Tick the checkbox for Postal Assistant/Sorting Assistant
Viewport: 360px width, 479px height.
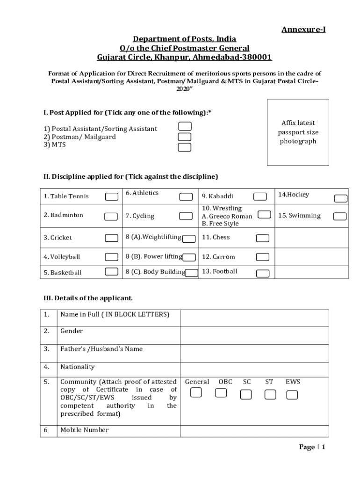pos(185,126)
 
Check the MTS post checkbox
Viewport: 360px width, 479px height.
pos(185,147)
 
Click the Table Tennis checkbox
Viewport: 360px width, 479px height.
pos(111,196)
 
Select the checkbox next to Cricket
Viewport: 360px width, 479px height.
pos(111,238)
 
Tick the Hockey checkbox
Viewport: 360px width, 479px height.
pos(340,198)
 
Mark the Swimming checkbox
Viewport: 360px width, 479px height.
pos(340,216)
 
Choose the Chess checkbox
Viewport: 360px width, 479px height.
pos(263,238)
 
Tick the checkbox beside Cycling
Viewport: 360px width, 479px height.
pos(186,216)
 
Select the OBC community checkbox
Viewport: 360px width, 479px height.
pos(221,392)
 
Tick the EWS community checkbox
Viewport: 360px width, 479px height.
pos(292,395)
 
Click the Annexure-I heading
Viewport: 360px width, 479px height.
pos(303,30)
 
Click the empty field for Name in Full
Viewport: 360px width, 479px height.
pos(254,318)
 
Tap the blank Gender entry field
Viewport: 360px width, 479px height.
pos(254,335)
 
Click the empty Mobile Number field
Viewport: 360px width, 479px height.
pos(254,431)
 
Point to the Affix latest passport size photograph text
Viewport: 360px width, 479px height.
pos(298,132)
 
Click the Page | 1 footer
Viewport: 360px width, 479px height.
pos(312,447)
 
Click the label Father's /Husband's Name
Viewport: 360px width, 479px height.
pos(101,349)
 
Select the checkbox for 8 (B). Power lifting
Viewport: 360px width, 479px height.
pos(189,257)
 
